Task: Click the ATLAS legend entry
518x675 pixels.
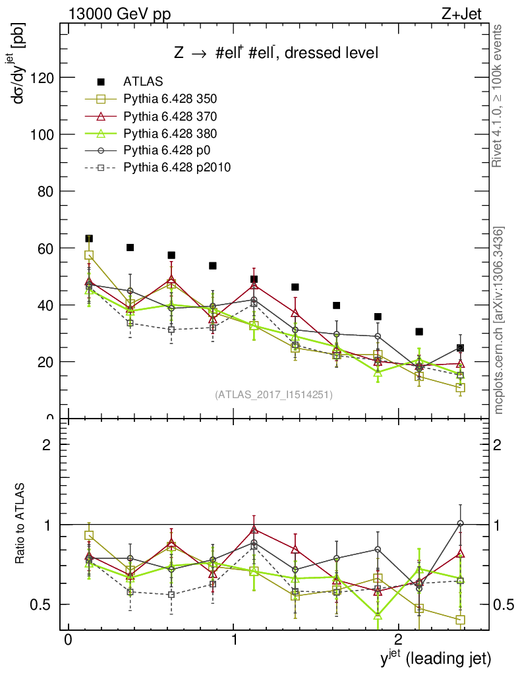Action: (x=143, y=82)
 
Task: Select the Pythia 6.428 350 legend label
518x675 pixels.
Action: (x=170, y=99)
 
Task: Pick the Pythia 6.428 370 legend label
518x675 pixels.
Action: (x=170, y=116)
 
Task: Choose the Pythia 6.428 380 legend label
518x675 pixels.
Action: (x=170, y=133)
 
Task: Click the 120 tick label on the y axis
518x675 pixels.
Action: (x=43, y=78)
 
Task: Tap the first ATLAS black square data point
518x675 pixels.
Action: (x=89, y=239)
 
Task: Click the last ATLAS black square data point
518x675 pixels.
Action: (x=460, y=348)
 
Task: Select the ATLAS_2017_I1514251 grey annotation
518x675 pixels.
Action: (x=273, y=395)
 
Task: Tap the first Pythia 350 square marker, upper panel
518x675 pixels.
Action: (x=89, y=255)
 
